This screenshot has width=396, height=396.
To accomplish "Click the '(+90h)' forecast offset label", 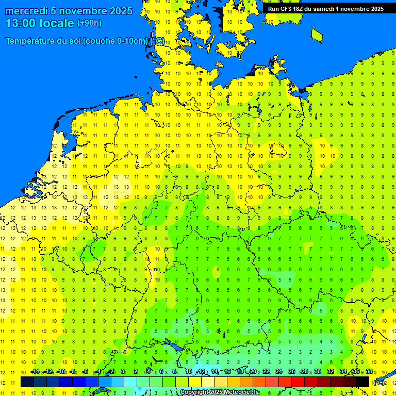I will pyautogui.click(x=89, y=23).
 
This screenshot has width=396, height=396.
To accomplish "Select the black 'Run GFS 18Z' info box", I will pyautogui.click(x=325, y=9).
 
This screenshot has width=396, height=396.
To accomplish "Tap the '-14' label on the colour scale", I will pyautogui.click(x=35, y=372).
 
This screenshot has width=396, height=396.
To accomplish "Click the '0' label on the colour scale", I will pyautogui.click(x=123, y=372).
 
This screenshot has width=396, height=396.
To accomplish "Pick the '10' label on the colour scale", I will pyautogui.click(x=189, y=372).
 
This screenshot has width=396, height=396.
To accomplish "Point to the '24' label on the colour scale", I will pyautogui.click(x=279, y=372).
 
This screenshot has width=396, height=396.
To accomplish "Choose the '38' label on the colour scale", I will pyautogui.click(x=369, y=372).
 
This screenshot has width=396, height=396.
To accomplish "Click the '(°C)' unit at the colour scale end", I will pyautogui.click(x=379, y=383).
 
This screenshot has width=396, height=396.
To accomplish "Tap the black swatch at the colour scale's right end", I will pyautogui.click(x=362, y=382).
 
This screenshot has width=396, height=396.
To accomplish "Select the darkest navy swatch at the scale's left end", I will pyautogui.click(x=27, y=382).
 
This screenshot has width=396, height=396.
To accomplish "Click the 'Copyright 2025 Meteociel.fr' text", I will pyautogui.click(x=219, y=392).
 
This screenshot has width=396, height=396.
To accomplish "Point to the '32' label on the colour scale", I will pyautogui.click(x=331, y=372).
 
